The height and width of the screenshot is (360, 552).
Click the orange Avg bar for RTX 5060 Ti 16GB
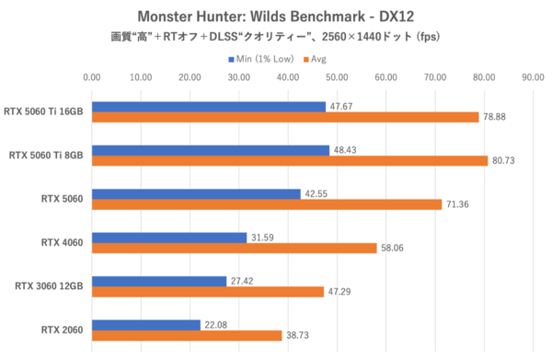[x=285, y=117]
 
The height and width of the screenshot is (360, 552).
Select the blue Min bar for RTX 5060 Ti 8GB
[x=210, y=150]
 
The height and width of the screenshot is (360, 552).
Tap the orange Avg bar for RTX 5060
[x=267, y=204]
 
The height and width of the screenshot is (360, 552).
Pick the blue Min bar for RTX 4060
[x=169, y=238]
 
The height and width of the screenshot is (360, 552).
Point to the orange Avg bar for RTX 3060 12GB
[x=208, y=292]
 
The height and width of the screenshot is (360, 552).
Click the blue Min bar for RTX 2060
[x=145, y=325]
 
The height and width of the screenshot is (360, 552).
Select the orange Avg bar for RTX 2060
[x=187, y=336]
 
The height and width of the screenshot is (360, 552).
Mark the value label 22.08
[x=214, y=325]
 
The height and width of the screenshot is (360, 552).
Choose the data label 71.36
[x=456, y=204]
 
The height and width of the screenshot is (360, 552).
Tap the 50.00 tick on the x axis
[x=337, y=78]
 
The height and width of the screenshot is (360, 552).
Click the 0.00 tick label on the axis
[x=92, y=78]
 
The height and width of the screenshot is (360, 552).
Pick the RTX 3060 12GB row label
[x=45, y=285]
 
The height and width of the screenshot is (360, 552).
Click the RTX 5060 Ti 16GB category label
[x=45, y=110]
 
